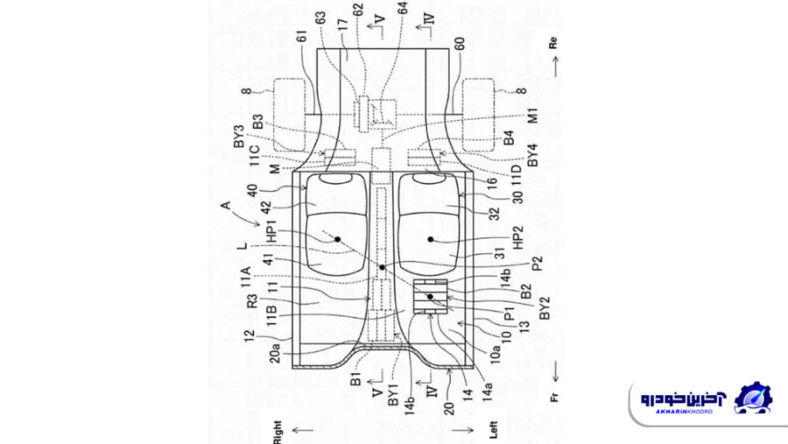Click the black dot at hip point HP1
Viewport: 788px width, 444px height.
[337, 237]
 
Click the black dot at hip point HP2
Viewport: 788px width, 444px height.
[430, 238]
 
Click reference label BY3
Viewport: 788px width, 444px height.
[239, 135]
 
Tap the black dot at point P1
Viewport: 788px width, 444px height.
[430, 297]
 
